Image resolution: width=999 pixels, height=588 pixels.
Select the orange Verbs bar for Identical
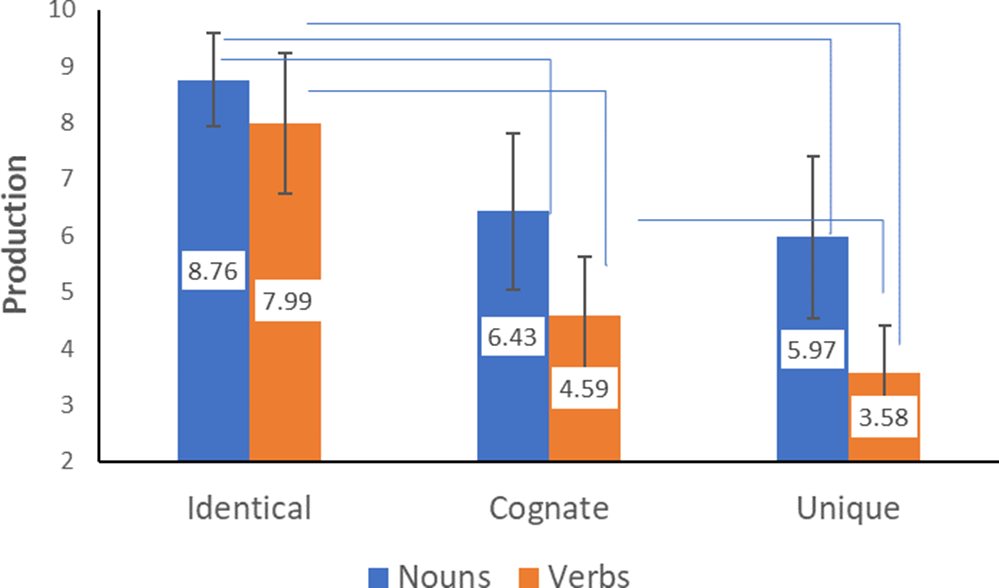click(x=285, y=390)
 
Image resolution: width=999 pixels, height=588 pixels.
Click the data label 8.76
click(x=213, y=269)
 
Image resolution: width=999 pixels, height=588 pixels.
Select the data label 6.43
click(x=513, y=339)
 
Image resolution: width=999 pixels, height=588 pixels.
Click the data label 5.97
click(x=813, y=351)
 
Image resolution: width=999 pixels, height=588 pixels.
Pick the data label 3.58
click(x=884, y=416)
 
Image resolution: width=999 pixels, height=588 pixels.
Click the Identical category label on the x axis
click(x=249, y=508)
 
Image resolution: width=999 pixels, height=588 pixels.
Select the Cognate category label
click(x=549, y=508)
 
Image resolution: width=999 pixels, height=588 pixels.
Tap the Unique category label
click(x=848, y=508)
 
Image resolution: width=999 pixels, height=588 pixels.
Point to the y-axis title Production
click(x=16, y=234)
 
